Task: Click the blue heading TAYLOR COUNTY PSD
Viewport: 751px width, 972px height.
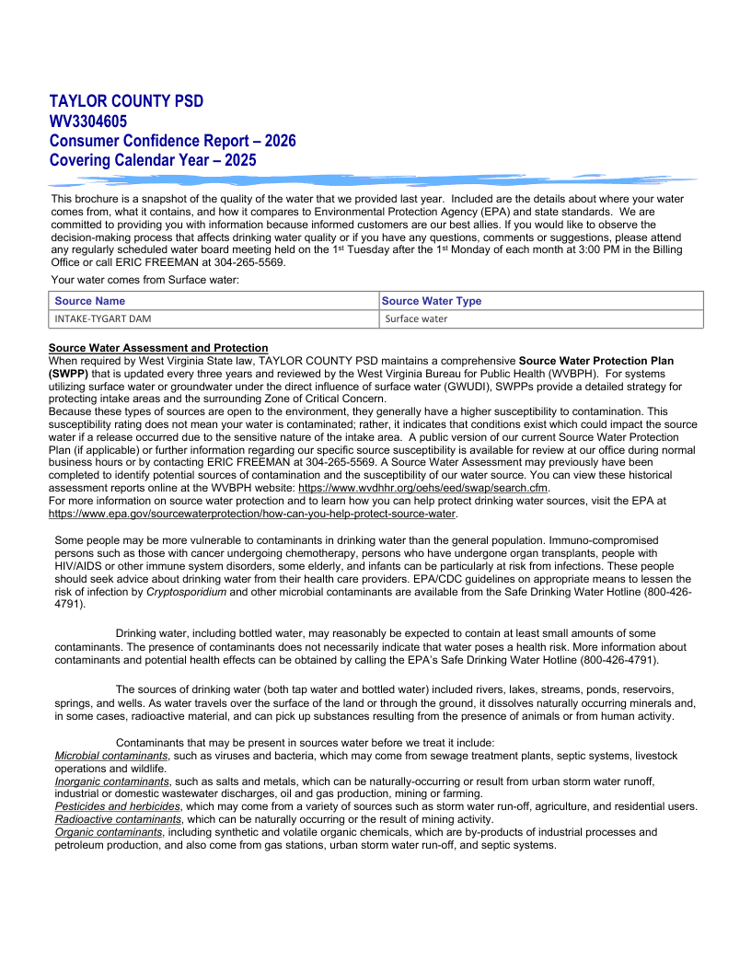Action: [x=126, y=101]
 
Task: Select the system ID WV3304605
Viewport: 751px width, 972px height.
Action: [x=88, y=121]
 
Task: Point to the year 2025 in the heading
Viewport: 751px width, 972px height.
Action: [x=237, y=160]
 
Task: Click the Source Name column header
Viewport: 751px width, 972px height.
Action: [x=90, y=301]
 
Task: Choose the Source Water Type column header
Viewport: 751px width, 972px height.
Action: [x=432, y=301]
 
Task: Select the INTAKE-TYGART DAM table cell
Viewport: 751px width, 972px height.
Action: [x=103, y=318]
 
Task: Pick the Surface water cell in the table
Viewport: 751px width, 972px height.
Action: [x=416, y=318]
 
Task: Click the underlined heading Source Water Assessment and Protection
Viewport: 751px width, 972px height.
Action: [x=158, y=348]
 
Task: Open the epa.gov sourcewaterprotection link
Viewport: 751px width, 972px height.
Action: [x=252, y=513]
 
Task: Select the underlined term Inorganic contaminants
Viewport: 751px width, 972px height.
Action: [x=112, y=781]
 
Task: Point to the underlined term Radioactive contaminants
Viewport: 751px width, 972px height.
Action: [x=118, y=819]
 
